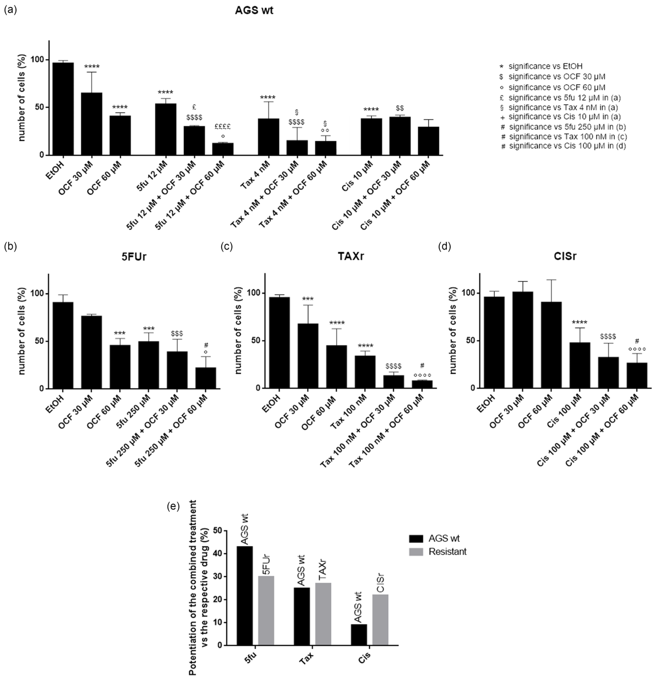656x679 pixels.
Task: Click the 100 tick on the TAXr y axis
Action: [254, 293]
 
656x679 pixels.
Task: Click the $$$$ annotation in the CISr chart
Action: [608, 336]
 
